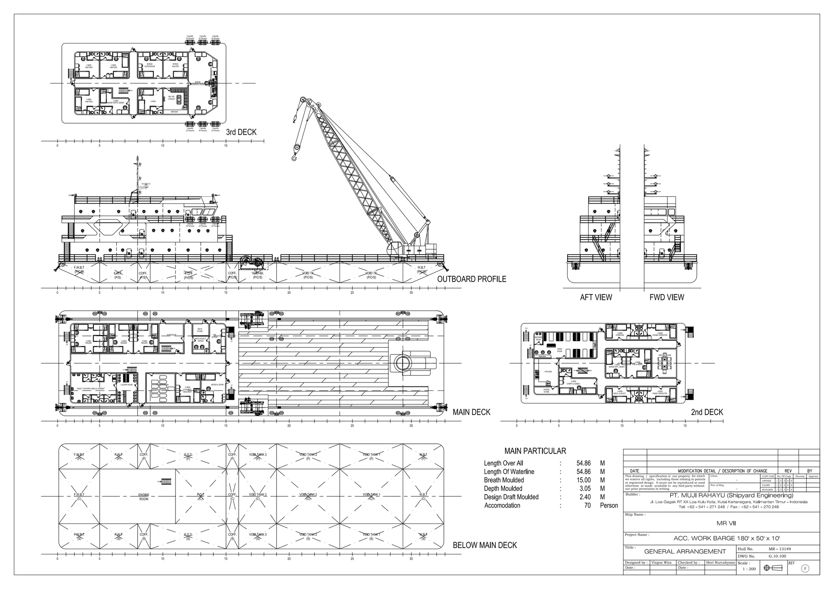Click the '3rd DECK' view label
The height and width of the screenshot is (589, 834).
[241, 132]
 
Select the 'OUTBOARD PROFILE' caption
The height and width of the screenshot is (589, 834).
[472, 279]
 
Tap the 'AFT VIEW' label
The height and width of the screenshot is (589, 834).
[596, 297]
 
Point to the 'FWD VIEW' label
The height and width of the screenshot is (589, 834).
[667, 297]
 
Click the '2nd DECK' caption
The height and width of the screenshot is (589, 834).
[707, 412]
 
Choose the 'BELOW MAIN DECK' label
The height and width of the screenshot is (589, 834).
[485, 545]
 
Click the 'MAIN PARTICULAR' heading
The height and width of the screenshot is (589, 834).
[535, 451]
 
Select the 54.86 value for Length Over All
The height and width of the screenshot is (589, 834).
[584, 463]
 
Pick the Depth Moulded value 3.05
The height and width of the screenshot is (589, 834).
[585, 489]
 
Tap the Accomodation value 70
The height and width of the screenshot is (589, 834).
[587, 506]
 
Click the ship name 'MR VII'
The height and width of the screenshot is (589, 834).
[726, 524]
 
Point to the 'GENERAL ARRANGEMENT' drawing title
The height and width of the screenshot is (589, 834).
[685, 552]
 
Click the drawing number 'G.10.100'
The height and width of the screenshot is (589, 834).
[777, 556]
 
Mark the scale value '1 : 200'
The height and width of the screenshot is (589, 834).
[749, 569]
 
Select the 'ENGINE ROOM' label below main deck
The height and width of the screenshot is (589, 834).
[144, 497]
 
